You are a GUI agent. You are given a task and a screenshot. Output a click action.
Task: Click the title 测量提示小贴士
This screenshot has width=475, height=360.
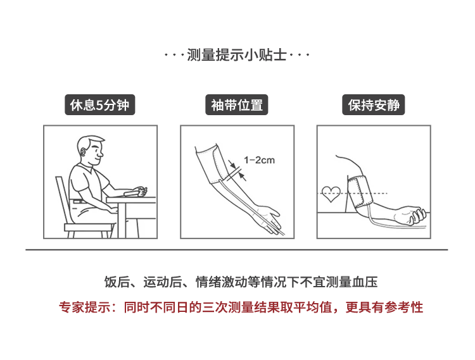point(237,55)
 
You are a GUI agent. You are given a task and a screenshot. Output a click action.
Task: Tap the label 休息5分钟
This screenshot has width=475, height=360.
point(99,104)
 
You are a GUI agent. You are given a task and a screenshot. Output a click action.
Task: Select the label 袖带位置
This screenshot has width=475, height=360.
point(237,104)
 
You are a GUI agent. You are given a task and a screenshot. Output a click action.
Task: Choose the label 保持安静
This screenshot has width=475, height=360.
point(374,104)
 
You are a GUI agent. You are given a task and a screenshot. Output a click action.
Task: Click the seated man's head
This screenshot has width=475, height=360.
point(91,151)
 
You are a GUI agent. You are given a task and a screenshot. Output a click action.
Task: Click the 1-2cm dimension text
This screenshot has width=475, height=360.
point(259,160)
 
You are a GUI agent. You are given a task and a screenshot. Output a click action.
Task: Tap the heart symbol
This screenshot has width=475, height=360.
point(331,194)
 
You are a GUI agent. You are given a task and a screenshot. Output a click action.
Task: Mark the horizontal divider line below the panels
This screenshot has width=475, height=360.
point(237,250)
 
